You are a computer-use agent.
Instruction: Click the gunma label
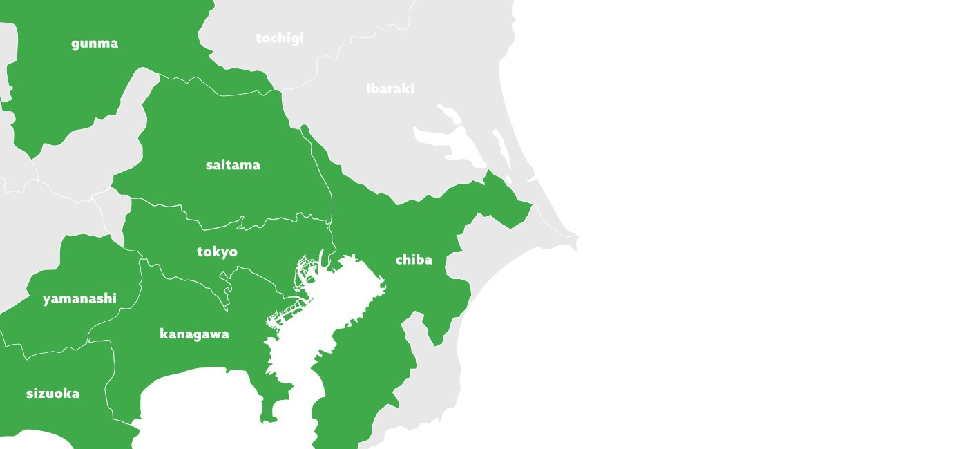pos(95,44)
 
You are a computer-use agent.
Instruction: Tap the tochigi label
pos(279,38)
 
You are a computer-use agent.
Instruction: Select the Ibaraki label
pos(390,88)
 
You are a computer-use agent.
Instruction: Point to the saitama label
pos(233,165)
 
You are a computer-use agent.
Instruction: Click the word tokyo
pos(217,252)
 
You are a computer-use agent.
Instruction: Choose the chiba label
pos(414,260)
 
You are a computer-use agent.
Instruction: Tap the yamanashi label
pos(79,299)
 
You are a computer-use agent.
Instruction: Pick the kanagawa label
pos(194,334)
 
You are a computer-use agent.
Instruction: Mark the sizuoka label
pos(52,394)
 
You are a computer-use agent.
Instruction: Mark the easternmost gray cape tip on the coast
pos(575,241)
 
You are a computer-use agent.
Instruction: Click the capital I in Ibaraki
pos(368,88)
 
